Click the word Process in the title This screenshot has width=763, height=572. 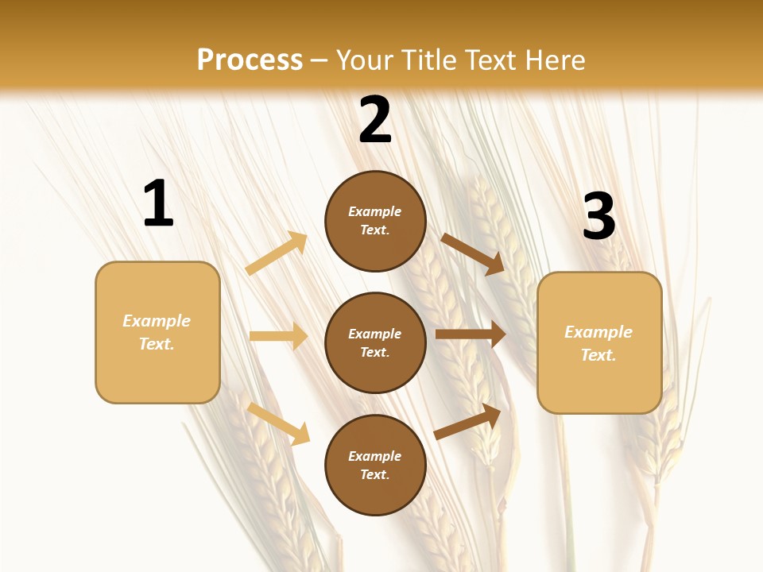click(250, 60)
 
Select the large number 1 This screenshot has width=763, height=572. click(158, 205)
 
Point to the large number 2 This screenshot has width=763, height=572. click(375, 121)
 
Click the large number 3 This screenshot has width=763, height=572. click(598, 217)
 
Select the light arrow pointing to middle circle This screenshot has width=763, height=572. click(278, 336)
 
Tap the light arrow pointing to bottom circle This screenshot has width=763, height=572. click(278, 423)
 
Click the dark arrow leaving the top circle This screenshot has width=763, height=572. click(473, 254)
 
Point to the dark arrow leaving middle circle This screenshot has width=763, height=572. click(470, 334)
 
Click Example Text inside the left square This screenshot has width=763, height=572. click(157, 332)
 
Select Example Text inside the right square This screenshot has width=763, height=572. click(598, 343)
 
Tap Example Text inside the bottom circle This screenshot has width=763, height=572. click(375, 465)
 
